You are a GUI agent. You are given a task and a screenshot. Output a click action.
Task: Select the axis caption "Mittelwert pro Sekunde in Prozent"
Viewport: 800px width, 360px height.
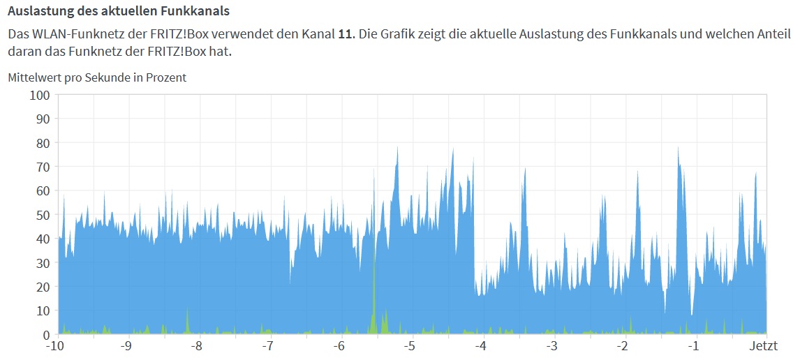(x=97, y=77)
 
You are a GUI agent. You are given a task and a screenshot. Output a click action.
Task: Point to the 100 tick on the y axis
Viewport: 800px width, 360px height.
(x=38, y=95)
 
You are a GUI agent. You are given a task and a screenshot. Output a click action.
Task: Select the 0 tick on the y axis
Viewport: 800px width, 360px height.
(x=45, y=335)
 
